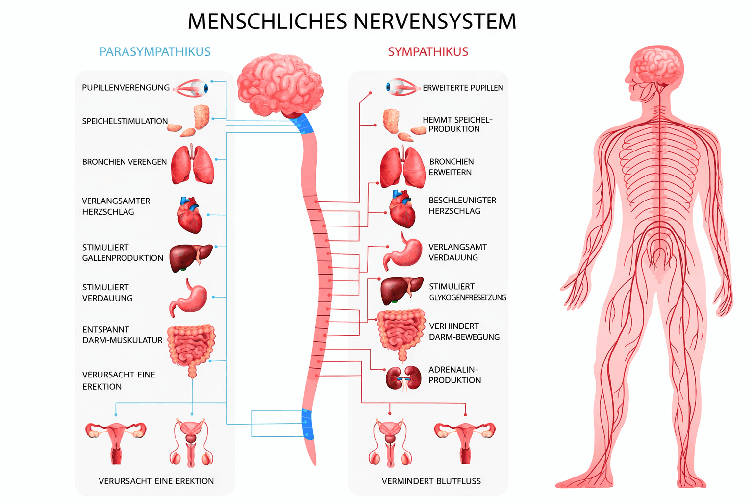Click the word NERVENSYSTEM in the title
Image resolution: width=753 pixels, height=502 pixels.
pyautogui.click(x=434, y=22)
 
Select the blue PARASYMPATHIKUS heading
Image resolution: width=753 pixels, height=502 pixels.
pyautogui.click(x=155, y=52)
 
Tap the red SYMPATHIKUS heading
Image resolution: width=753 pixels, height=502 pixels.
pyautogui.click(x=428, y=52)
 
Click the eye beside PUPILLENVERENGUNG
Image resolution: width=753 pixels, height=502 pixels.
pyautogui.click(x=193, y=88)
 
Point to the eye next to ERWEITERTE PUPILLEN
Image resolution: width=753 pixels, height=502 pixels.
pyautogui.click(x=402, y=87)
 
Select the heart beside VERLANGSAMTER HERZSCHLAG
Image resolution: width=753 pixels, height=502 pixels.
pyautogui.click(x=190, y=215)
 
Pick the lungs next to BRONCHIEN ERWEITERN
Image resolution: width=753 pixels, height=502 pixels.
pyautogui.click(x=402, y=168)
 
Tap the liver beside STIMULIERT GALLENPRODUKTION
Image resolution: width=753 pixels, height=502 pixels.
pyautogui.click(x=190, y=257)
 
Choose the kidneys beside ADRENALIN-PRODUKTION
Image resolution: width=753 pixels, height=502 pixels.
pyautogui.click(x=403, y=378)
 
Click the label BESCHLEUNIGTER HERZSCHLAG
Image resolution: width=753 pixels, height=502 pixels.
pyautogui.click(x=462, y=205)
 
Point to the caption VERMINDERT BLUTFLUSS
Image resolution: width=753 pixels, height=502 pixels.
pyautogui.click(x=431, y=481)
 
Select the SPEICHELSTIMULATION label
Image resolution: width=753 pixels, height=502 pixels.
pyautogui.click(x=125, y=121)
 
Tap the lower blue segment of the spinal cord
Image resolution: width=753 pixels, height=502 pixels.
pyautogui.click(x=307, y=425)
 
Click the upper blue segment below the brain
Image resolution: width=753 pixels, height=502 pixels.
pyautogui.click(x=302, y=124)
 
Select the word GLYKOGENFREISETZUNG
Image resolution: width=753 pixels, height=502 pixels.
pyautogui.click(x=468, y=298)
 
